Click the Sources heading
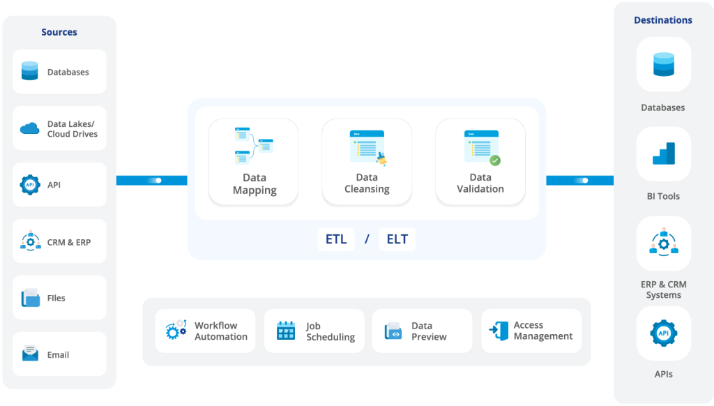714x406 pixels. pyautogui.click(x=59, y=32)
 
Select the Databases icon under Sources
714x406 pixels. pyautogui.click(x=29, y=71)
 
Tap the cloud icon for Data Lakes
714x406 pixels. pyautogui.click(x=29, y=128)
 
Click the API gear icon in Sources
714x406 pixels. pyautogui.click(x=29, y=185)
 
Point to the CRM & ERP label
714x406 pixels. pyautogui.click(x=69, y=242)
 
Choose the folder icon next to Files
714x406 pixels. pyautogui.click(x=30, y=298)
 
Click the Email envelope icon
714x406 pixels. pyautogui.click(x=30, y=354)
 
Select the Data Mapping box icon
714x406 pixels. pyautogui.click(x=254, y=146)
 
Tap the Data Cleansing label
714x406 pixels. pyautogui.click(x=367, y=183)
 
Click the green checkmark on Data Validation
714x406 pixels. pyautogui.click(x=495, y=160)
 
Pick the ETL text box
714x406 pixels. pyautogui.click(x=336, y=239)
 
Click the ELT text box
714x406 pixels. pyautogui.click(x=397, y=239)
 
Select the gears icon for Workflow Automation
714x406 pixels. pyautogui.click(x=176, y=330)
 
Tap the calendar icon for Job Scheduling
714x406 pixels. pyautogui.click(x=286, y=331)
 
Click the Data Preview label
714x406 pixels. pyautogui.click(x=429, y=331)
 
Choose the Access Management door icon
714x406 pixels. pyautogui.click(x=499, y=331)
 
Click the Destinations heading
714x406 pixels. pyautogui.click(x=663, y=20)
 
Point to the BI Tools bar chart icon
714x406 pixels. pyautogui.click(x=664, y=153)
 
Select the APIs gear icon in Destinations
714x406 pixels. pyautogui.click(x=664, y=333)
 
